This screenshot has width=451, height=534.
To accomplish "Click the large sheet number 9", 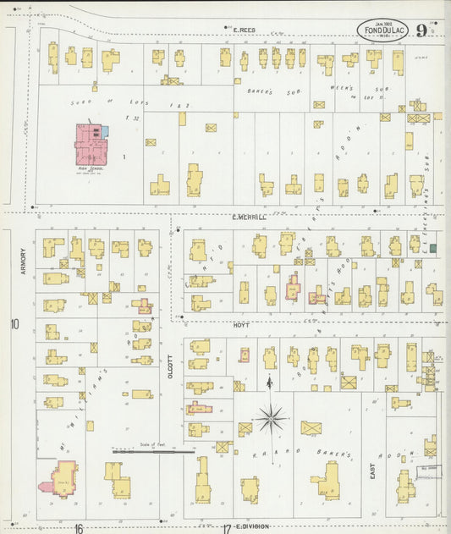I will (421, 31).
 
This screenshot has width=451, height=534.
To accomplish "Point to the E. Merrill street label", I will (249, 217).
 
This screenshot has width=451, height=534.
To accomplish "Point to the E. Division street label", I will (253, 526).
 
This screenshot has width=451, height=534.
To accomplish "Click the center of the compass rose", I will (271, 416).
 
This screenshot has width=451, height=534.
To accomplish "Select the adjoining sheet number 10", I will (14, 324).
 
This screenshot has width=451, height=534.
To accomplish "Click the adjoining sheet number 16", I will (77, 529).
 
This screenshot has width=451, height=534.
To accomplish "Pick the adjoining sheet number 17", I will (227, 529).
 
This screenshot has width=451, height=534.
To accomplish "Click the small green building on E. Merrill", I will (433, 248).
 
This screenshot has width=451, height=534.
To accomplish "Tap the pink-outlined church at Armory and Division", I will (63, 479).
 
